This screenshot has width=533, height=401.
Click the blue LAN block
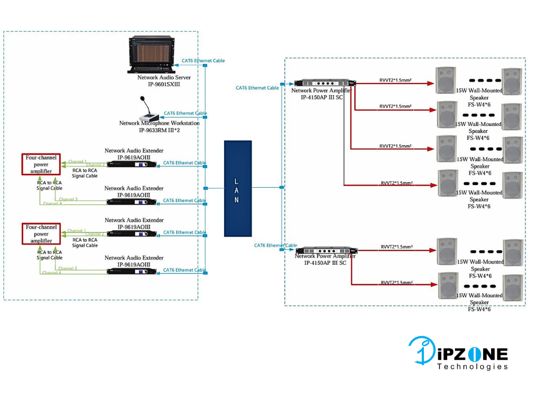pos(237,188)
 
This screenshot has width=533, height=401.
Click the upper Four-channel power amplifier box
pos(41,164)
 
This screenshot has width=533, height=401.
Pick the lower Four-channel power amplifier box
pos(41,234)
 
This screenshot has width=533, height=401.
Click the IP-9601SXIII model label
pos(164,84)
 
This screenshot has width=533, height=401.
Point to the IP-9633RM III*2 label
pos(159,130)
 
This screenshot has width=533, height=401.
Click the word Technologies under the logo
pos(472,366)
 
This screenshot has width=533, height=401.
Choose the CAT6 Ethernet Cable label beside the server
pos(203,61)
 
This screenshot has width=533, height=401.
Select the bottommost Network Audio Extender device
pos(132,271)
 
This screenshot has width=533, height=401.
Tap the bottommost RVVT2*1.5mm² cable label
pos(397,283)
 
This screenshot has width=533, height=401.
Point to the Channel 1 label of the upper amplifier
pos(77,161)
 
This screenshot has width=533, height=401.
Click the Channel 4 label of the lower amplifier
pos(52,273)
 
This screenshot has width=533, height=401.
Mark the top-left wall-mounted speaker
pos(446,80)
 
